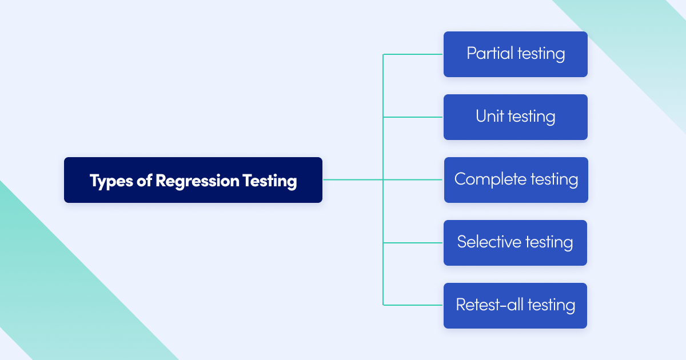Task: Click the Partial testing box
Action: tap(515, 54)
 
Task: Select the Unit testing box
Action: tap(515, 117)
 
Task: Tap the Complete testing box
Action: tap(516, 180)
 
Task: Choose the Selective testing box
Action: tap(515, 243)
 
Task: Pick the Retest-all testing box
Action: tap(515, 306)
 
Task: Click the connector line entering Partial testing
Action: tap(413, 54)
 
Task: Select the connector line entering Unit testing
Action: tap(413, 117)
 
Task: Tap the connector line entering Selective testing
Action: tap(413, 243)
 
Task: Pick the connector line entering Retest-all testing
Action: tap(413, 305)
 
